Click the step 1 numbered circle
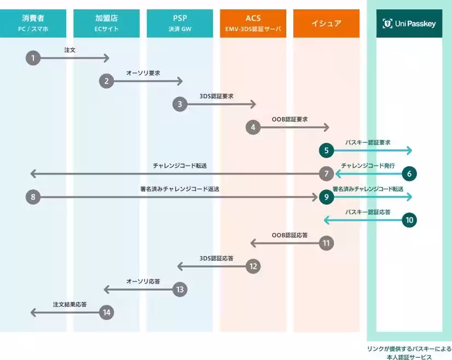point(33,58)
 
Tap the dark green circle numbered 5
point(326,150)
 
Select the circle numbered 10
point(409,220)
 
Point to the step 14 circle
point(106,312)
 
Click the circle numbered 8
point(33,197)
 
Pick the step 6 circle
point(409,174)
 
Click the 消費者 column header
point(33,24)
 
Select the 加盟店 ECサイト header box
point(106,24)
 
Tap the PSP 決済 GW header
point(180,24)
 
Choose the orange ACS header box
point(253,24)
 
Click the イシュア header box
point(326,24)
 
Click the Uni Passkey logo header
point(409,24)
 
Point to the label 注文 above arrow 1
point(69,50)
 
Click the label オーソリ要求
point(143,73)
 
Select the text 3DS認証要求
point(217,96)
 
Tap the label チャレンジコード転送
point(180,166)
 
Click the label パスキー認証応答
point(368,212)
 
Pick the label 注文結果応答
point(69,304)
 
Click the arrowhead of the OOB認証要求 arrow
point(327,127)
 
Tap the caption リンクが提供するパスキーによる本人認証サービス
point(409,353)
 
